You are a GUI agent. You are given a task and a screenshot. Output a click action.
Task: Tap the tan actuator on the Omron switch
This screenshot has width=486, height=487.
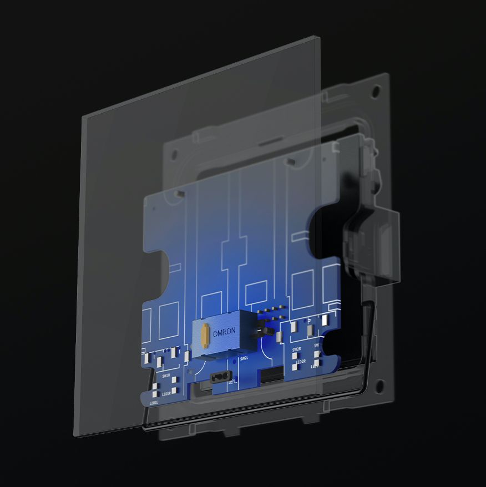(205, 334)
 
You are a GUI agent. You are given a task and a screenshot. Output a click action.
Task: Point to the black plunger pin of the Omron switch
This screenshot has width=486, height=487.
(267, 332)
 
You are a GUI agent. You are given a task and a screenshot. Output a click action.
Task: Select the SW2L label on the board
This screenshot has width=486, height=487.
(244, 358)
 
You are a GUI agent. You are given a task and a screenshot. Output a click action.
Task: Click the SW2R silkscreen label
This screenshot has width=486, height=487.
(296, 350)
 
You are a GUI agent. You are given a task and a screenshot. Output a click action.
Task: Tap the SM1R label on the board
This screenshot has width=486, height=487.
(166, 376)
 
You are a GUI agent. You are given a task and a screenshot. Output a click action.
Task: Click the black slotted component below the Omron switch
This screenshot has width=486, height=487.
(220, 376)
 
